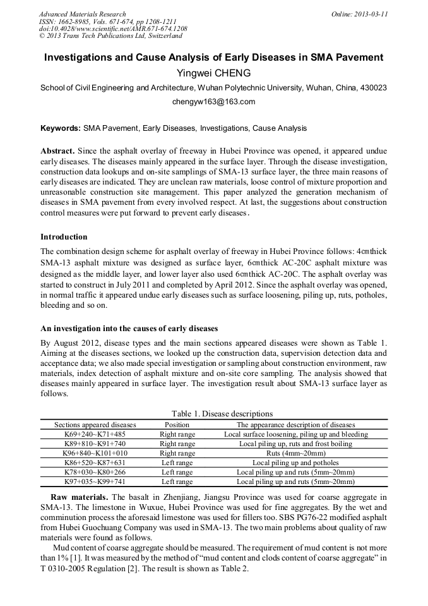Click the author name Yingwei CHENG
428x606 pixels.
point(213,73)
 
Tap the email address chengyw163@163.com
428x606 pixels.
point(213,101)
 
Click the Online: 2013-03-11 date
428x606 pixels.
point(360,14)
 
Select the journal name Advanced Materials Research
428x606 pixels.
point(82,14)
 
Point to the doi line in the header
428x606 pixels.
point(113,29)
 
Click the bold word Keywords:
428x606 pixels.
point(61,128)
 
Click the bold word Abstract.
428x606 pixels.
point(57,152)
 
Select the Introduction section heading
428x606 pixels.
point(64,237)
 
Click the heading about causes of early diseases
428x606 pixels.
point(129,329)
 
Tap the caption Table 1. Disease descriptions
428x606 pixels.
point(213,414)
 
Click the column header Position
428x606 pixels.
point(177,425)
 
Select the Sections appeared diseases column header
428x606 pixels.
point(95,425)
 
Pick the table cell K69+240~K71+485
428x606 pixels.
point(95,435)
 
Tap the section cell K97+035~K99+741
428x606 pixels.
point(95,482)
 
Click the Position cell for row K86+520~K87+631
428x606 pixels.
point(177,463)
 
